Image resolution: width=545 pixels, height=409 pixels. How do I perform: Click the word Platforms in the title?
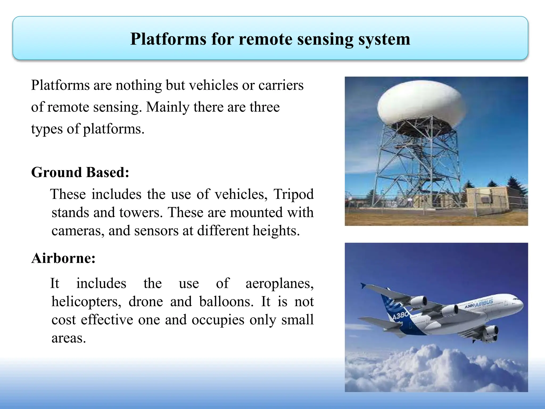[x=168, y=39]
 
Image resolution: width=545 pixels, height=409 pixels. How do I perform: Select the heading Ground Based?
[x=80, y=172]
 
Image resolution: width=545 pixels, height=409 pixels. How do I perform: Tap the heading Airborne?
[x=63, y=258]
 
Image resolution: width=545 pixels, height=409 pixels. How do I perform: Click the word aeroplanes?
[x=279, y=283]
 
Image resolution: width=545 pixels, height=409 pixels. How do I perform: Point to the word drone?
[x=146, y=302]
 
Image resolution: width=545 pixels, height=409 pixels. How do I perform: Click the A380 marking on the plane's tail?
[x=401, y=316]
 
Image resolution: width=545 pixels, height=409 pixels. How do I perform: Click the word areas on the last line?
[x=68, y=338]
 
